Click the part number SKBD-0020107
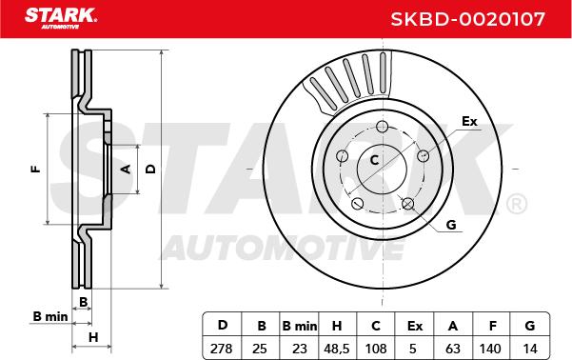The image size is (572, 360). click(x=467, y=19)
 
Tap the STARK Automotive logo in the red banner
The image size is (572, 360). click(x=61, y=18)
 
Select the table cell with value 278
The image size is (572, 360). click(x=222, y=349)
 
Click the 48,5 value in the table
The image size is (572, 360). click(x=337, y=349)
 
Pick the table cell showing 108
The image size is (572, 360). click(x=376, y=349)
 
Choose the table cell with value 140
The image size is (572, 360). click(x=490, y=349)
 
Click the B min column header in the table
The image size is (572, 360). click(x=300, y=326)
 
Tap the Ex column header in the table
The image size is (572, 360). click(x=415, y=326)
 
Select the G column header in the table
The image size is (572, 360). click(x=530, y=326)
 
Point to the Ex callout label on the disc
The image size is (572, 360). click(x=469, y=121)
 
